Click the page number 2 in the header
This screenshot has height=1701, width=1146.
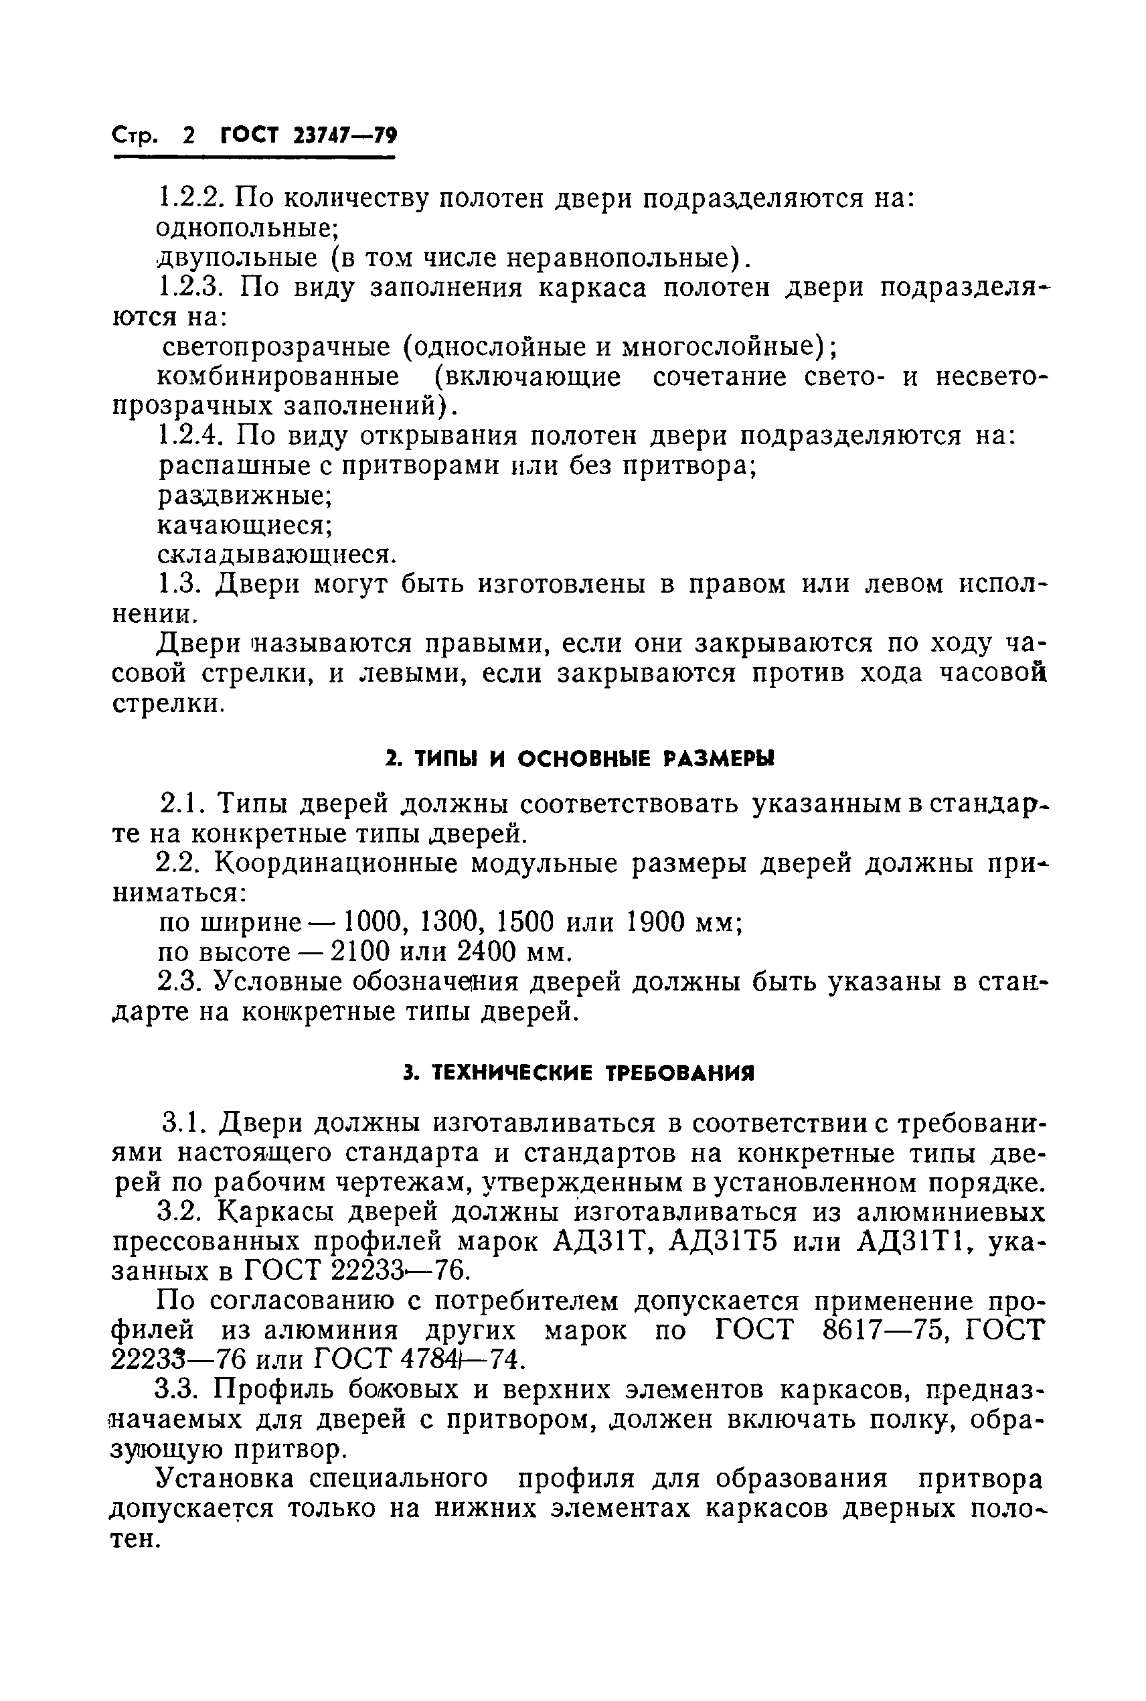(189, 136)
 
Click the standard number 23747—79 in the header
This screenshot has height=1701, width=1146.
(344, 136)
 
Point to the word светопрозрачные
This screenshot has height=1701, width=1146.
(278, 347)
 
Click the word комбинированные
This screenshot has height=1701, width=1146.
(278, 377)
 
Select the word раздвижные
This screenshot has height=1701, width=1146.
(246, 496)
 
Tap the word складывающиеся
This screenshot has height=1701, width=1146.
(277, 556)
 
